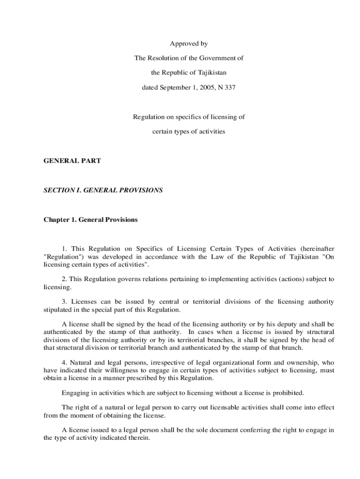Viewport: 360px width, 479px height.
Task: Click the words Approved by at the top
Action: click(188, 44)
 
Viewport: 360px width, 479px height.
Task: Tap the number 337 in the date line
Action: click(230, 87)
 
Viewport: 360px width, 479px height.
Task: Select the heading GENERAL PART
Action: click(72, 160)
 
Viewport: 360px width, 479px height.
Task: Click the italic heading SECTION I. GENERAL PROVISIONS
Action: click(103, 190)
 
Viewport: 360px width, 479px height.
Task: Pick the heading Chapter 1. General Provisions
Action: click(91, 219)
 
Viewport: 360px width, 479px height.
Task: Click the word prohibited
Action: click(288, 392)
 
